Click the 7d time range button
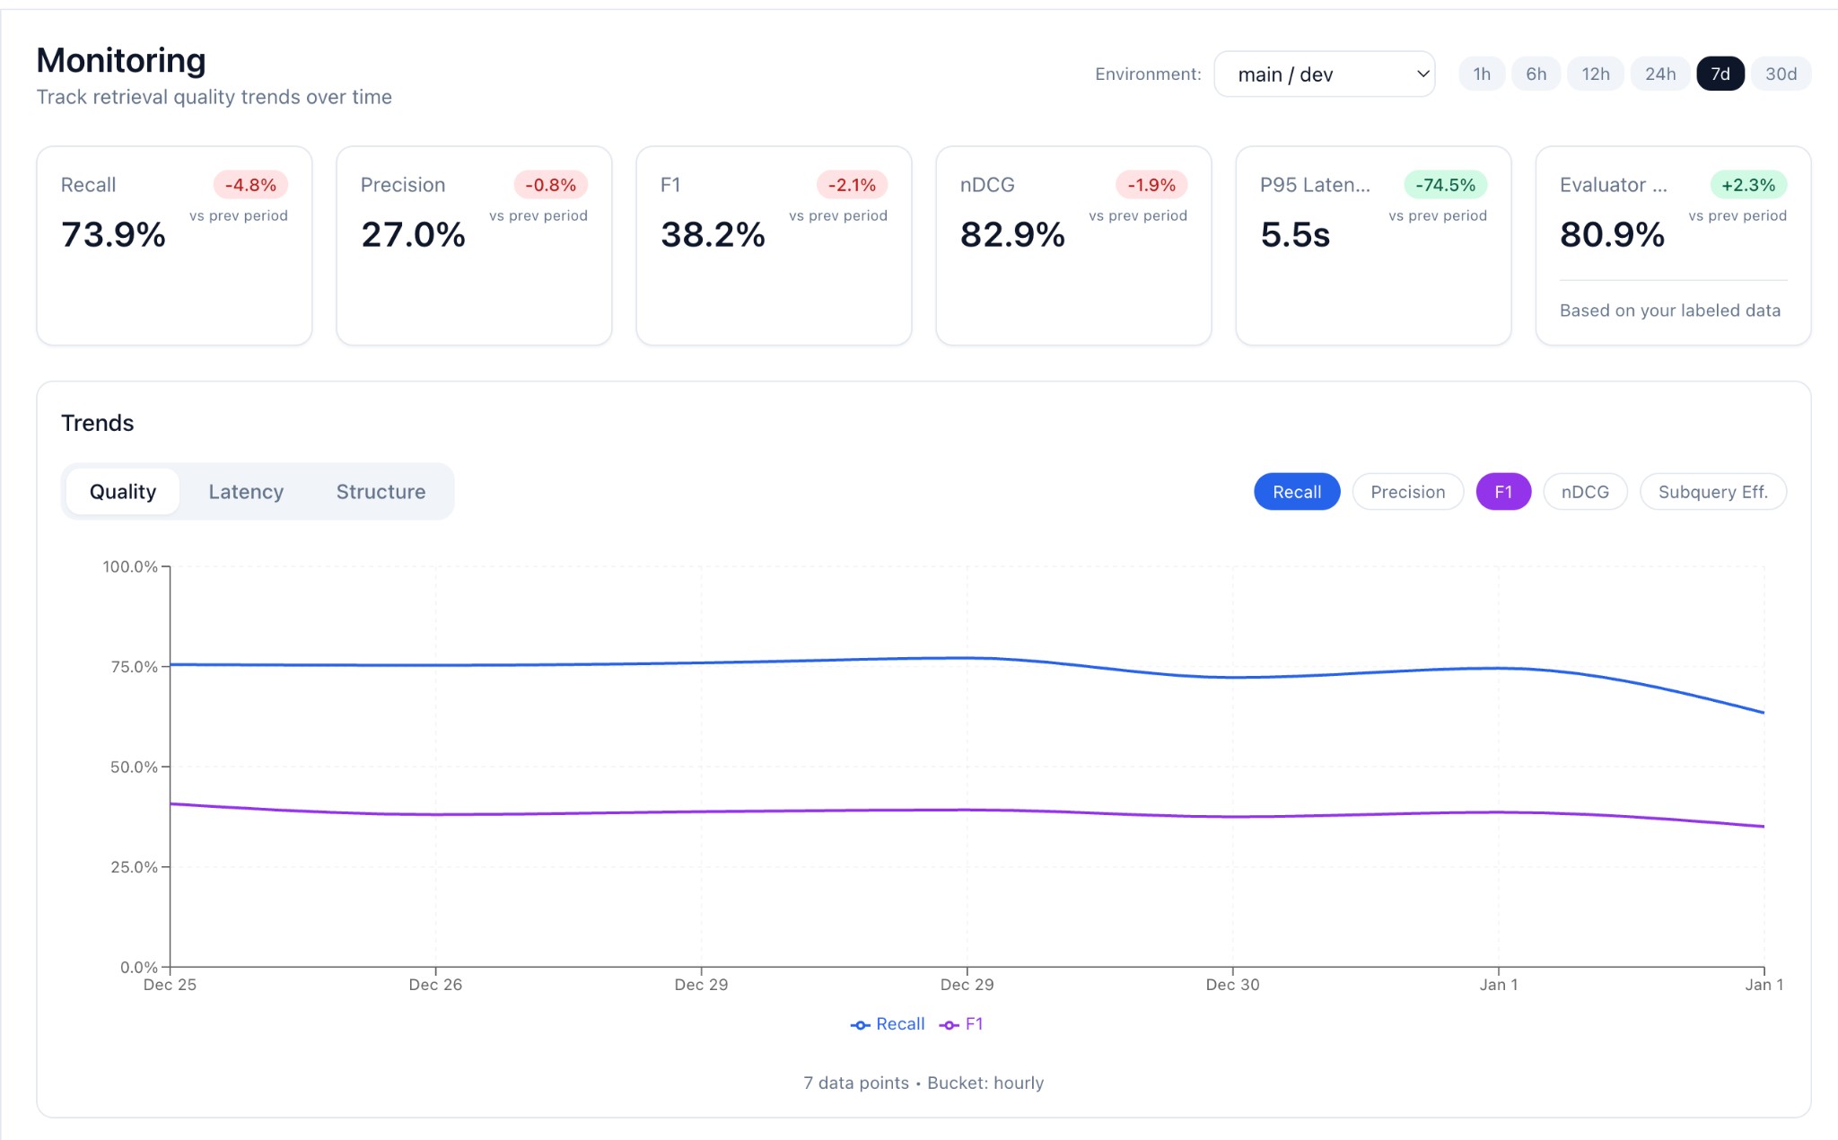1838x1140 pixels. coord(1720,74)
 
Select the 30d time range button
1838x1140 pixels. coord(1781,74)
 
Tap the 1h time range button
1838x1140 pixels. coord(1482,74)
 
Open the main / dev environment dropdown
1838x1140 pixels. coord(1324,74)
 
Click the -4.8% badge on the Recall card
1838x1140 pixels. coord(250,185)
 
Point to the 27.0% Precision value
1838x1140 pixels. coord(413,234)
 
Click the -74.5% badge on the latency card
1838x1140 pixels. coord(1445,185)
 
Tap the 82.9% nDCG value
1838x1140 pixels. coord(1012,234)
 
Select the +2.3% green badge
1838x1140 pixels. coord(1747,185)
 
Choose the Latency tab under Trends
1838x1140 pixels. coord(246,492)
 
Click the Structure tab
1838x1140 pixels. coord(381,492)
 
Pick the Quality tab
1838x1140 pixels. coord(123,492)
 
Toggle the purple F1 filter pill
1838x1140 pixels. coord(1503,492)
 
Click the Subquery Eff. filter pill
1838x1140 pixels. coord(1712,492)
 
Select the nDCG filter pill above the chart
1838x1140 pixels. coord(1585,492)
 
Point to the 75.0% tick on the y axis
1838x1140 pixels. coord(133,667)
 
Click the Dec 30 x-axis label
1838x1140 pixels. coord(1232,985)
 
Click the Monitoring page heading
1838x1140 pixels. coord(121,60)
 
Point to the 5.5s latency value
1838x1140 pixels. coord(1294,234)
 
